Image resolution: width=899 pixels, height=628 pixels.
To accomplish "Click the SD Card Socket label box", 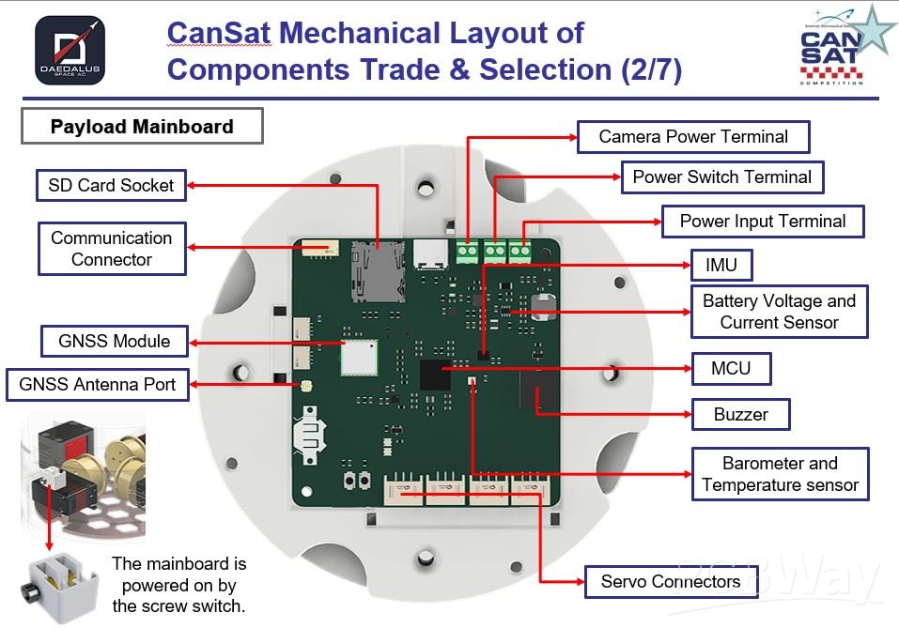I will [x=111, y=185].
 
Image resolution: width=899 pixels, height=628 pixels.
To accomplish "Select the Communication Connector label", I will [x=111, y=249].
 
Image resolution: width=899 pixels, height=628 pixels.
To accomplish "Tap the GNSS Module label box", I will [x=114, y=341].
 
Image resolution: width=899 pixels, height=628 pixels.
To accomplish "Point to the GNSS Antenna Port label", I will [x=98, y=385].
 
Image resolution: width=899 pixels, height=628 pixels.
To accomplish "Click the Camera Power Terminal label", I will [x=692, y=136].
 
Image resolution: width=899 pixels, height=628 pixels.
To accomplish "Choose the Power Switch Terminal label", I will [x=721, y=176].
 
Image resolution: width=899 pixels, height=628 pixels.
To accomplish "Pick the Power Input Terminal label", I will [x=762, y=222].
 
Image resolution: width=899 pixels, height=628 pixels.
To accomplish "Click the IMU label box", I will [x=721, y=266].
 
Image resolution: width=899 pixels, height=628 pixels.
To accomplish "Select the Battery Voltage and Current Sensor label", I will [x=779, y=312].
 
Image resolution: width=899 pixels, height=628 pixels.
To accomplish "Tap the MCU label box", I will [x=730, y=368].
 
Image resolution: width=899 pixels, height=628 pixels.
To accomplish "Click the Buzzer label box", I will [x=740, y=414].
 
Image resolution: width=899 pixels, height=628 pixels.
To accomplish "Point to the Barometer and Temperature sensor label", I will [x=780, y=474].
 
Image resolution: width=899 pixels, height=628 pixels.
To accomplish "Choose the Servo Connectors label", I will [x=670, y=582].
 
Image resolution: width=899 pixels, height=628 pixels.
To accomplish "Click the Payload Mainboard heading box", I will [x=142, y=126].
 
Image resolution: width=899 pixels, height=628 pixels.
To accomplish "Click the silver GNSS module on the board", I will [x=358, y=356].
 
